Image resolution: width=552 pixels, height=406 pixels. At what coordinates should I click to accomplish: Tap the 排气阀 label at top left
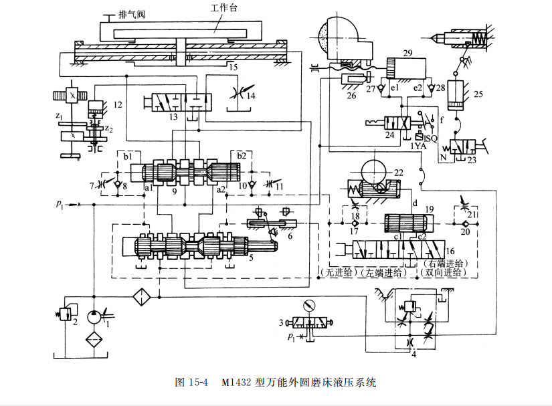(131, 13)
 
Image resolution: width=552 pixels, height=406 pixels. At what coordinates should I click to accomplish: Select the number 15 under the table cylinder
(232, 67)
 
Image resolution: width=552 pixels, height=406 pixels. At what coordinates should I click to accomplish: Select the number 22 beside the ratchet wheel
(400, 173)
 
